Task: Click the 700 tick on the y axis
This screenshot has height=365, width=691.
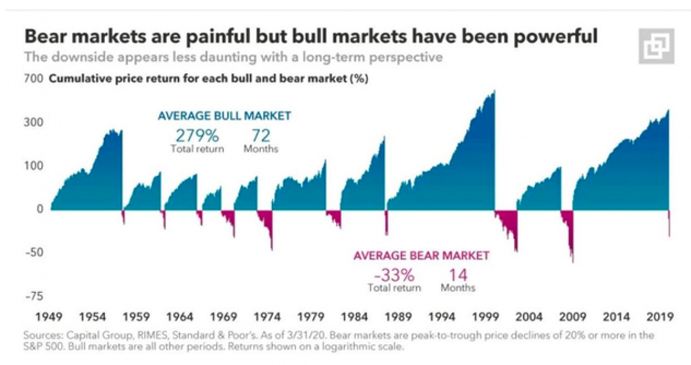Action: (x=34, y=80)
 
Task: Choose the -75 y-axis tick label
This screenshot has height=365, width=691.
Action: (x=33, y=296)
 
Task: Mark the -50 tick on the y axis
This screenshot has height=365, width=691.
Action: (x=33, y=253)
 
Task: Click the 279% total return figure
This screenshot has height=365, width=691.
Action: (x=197, y=136)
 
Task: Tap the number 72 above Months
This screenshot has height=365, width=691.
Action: (x=260, y=136)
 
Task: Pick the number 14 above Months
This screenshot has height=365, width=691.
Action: (x=458, y=274)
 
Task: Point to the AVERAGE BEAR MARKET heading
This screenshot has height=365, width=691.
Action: (x=421, y=255)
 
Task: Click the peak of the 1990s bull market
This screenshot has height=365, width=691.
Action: (x=493, y=91)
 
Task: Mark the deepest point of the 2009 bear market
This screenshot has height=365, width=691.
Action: (x=573, y=262)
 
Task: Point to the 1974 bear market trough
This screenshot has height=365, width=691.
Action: (x=272, y=249)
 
